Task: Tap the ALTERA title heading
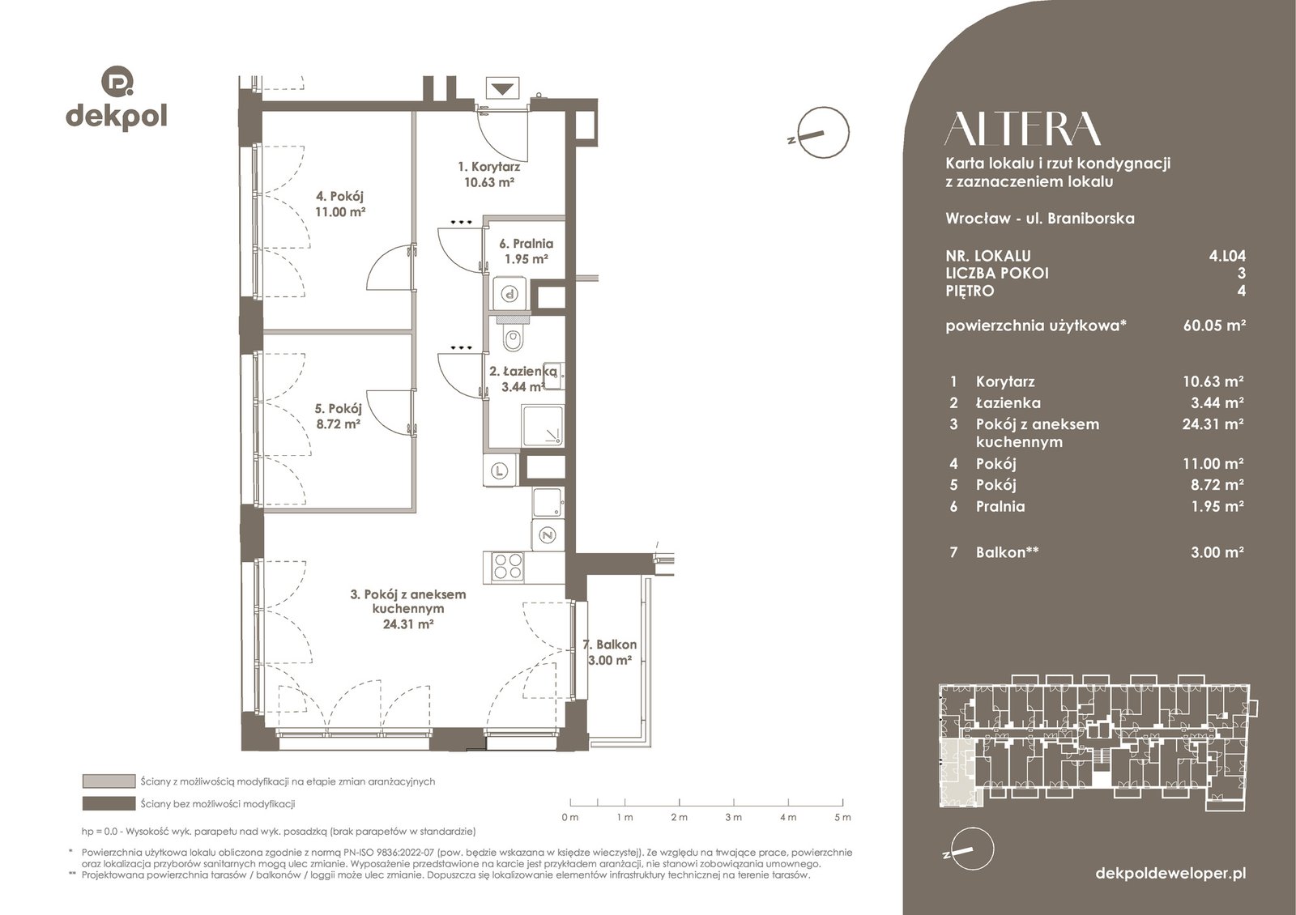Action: [1022, 129]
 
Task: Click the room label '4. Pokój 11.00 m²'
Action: [340, 203]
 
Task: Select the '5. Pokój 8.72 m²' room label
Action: [339, 416]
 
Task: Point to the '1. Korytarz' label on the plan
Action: [489, 167]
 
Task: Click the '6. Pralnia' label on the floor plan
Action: [526, 244]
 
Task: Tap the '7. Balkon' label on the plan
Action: [609, 645]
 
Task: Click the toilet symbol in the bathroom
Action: [512, 339]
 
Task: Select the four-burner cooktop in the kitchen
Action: [507, 565]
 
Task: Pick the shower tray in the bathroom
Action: [543, 426]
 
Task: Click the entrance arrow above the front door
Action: [502, 89]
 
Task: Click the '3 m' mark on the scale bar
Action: [733, 817]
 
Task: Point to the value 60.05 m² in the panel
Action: [1214, 325]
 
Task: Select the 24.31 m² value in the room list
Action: [1213, 424]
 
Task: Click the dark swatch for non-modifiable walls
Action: [109, 803]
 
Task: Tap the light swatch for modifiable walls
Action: [109, 781]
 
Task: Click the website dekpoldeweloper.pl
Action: [1170, 874]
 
